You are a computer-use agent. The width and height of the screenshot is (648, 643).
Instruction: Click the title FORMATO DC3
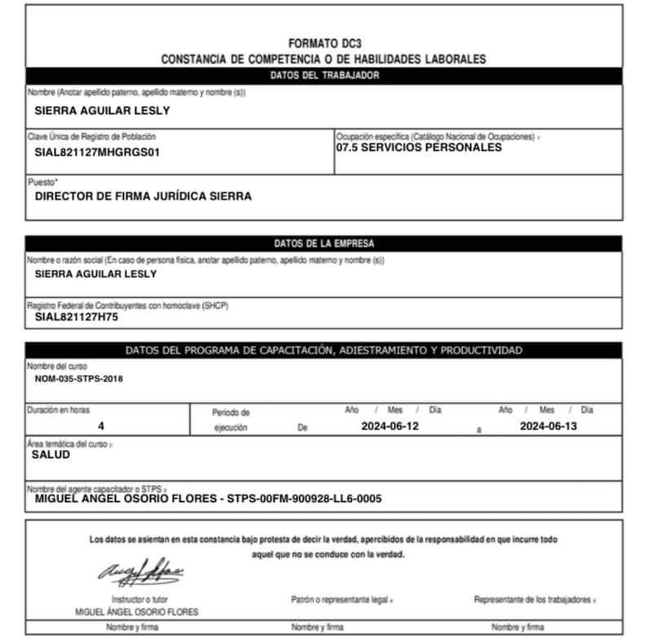tap(324, 43)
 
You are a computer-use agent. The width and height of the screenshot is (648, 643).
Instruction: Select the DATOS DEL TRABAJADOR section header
tap(324, 76)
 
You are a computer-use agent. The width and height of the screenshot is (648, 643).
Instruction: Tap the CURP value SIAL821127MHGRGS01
tap(97, 152)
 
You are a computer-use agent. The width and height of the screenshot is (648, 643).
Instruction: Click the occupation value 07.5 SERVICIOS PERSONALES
tap(419, 148)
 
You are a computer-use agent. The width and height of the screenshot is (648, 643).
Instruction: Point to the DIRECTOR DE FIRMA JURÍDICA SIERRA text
tap(143, 196)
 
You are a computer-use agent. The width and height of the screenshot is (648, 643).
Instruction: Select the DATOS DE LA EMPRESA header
tap(324, 243)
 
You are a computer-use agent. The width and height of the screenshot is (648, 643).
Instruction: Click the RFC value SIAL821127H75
tap(77, 317)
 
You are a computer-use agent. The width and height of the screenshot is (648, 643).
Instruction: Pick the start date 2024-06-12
tap(390, 426)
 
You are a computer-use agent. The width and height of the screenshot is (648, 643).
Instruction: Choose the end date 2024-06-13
tap(548, 426)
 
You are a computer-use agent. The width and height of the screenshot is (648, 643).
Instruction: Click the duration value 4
tap(101, 426)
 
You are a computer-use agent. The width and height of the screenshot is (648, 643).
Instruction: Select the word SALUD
tap(51, 455)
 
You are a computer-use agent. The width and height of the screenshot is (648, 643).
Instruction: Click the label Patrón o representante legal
tap(341, 600)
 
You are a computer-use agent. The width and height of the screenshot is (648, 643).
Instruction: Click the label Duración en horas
tap(59, 410)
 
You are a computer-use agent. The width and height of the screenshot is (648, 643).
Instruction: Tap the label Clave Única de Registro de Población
tap(91, 136)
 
